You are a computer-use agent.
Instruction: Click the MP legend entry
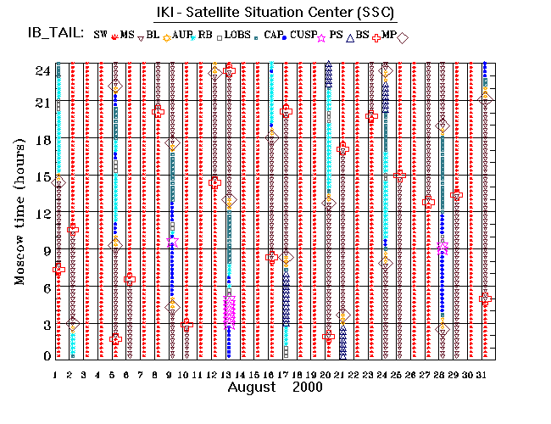coord(388,34)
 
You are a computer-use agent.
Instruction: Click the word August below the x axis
coord(252,387)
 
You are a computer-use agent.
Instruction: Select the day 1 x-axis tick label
coord(55,374)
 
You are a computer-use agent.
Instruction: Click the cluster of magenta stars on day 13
coord(229,311)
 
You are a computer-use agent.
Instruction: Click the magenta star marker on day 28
coord(442,247)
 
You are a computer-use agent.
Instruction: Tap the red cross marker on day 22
coord(342,149)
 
